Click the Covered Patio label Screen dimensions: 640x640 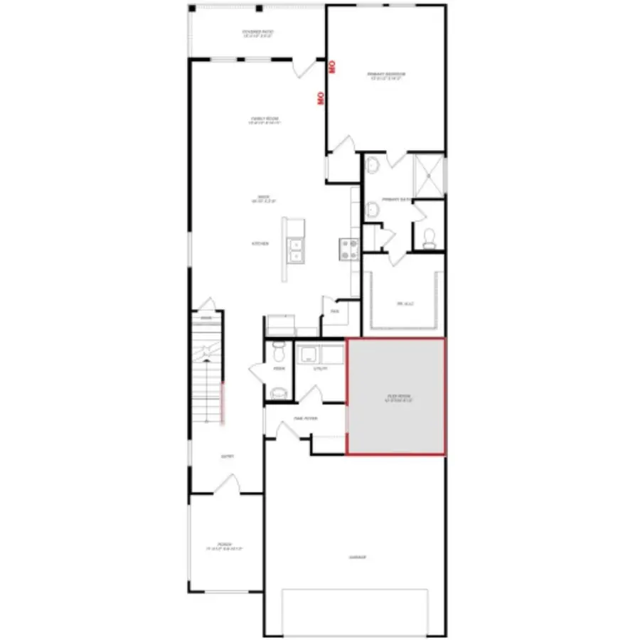257,33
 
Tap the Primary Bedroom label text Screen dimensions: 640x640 386,75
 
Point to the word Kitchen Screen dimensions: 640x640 260,244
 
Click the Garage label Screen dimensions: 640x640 358,558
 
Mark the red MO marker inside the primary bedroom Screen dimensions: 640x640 331,68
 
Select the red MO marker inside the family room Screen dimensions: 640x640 321,97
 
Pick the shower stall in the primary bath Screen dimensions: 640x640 429,174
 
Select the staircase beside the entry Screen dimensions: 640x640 208,370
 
